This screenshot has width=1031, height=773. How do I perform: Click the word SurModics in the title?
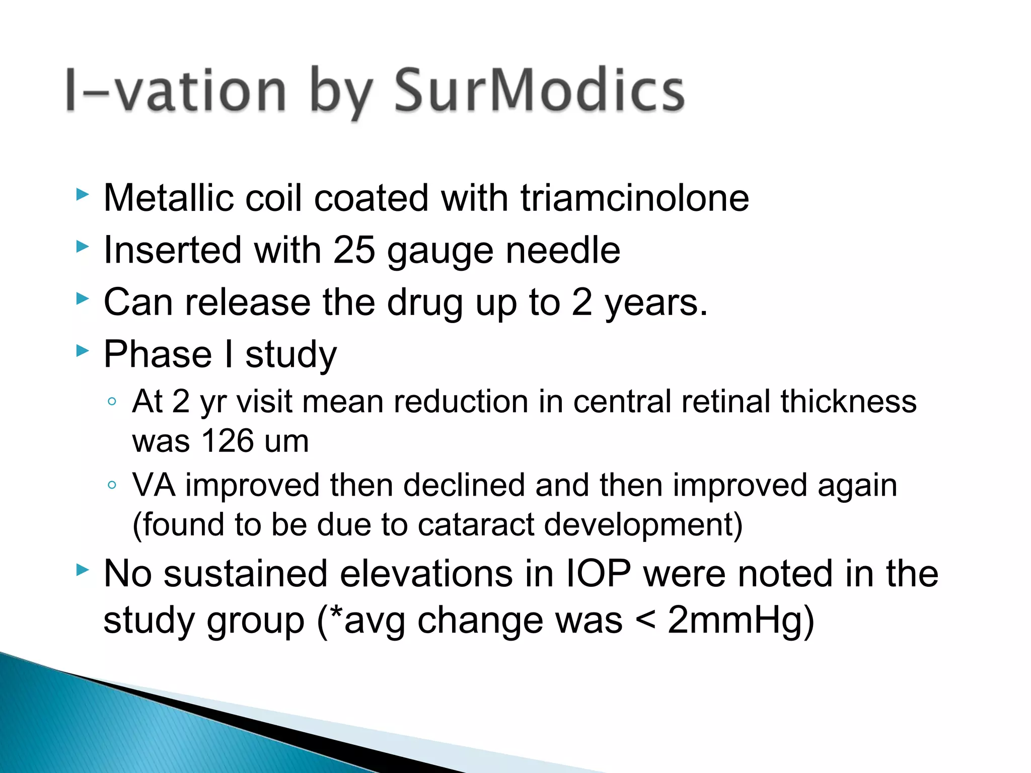coord(539,91)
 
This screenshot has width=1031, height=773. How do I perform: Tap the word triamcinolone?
coord(635,198)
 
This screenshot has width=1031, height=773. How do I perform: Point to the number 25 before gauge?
coord(354,250)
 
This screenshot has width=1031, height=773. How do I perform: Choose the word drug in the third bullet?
coord(425,302)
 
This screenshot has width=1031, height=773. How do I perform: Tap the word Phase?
coord(158,354)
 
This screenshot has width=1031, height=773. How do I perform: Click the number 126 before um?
coord(228,441)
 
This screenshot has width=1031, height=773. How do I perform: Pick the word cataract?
coord(476,524)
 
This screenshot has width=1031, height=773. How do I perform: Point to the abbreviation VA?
coord(154,485)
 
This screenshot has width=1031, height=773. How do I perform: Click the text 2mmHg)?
coord(741,620)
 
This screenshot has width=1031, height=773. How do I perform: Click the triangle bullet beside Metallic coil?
coord(82,194)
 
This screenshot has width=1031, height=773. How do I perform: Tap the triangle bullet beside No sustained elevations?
coord(82,570)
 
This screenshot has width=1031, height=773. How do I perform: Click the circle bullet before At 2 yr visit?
coord(112,402)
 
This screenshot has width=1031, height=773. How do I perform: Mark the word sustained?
coord(246,574)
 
